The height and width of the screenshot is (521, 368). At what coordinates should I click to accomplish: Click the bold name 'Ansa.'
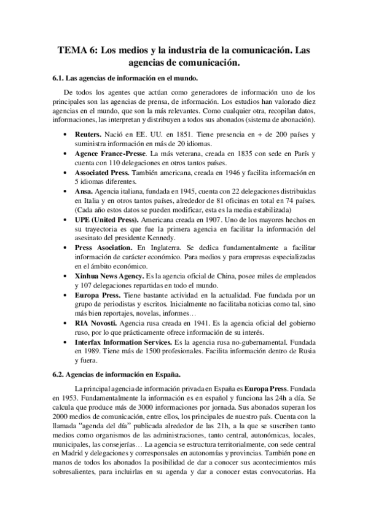point(84,192)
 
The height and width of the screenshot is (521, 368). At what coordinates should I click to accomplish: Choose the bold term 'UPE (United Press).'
point(108,219)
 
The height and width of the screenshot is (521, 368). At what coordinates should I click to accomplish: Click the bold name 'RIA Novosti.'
point(100,323)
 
